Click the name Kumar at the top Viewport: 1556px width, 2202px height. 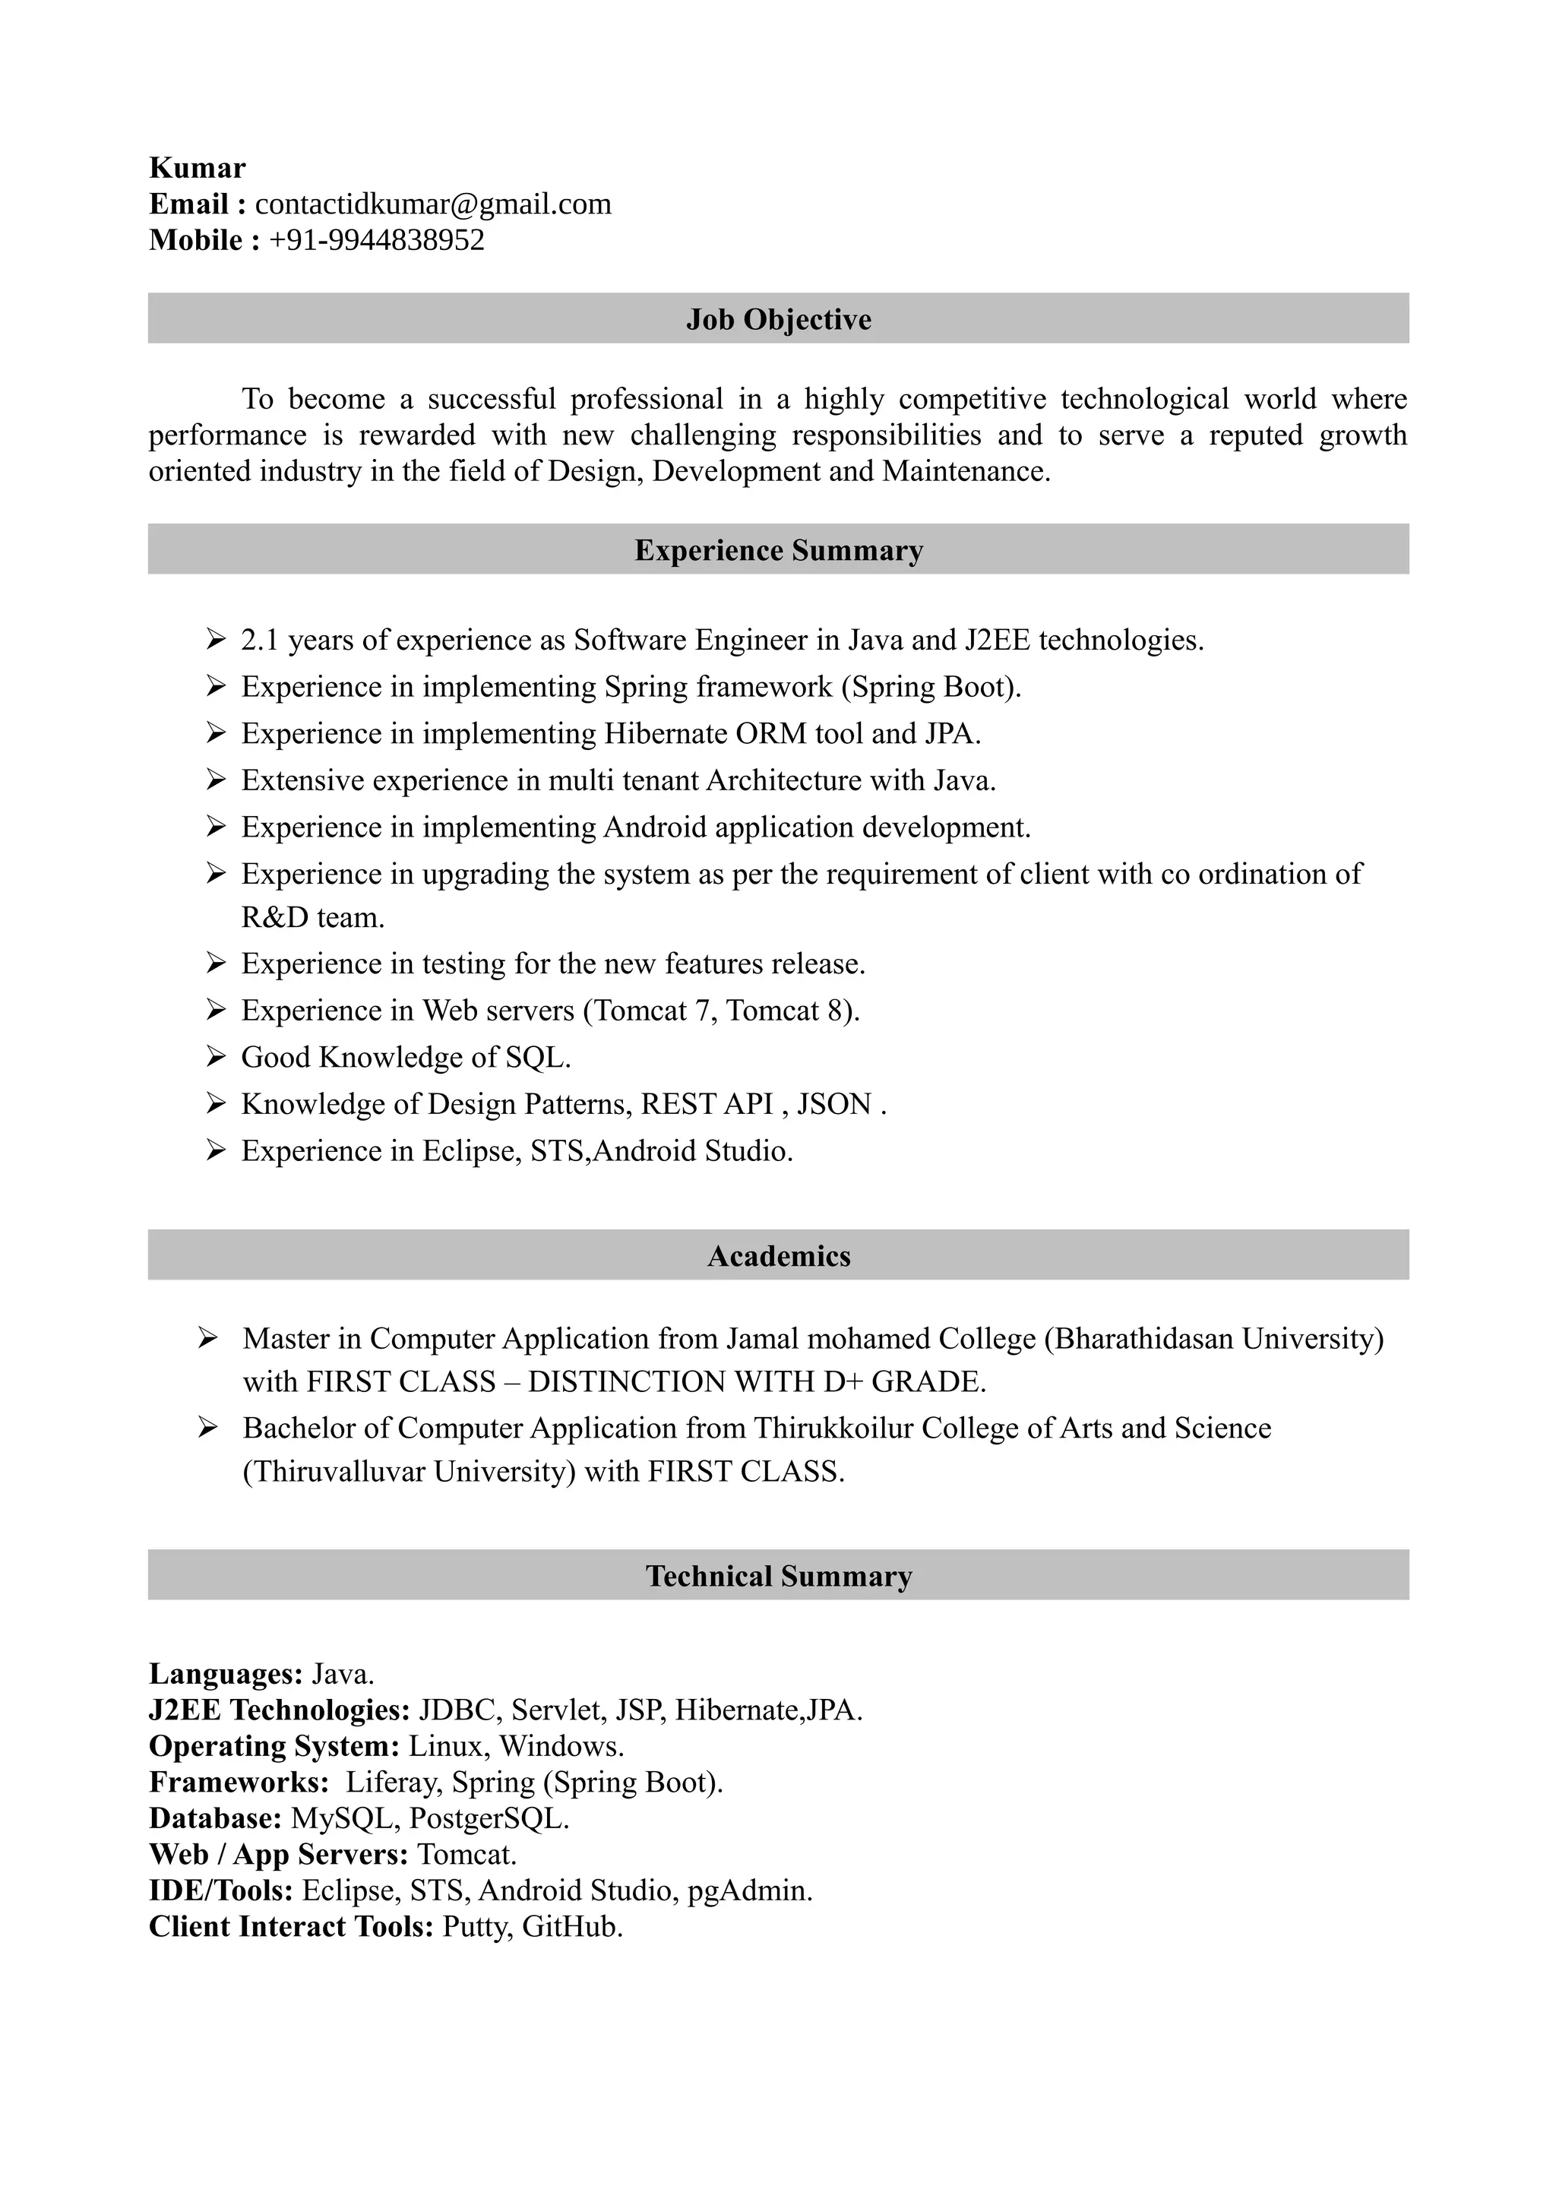197,168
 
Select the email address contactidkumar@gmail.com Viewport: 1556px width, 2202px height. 432,204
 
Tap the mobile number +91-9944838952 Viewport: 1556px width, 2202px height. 377,240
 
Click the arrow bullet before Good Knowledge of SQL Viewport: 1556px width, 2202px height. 215,1057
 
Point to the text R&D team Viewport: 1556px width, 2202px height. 312,918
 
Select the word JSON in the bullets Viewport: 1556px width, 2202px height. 833,1104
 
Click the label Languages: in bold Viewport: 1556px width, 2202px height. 226,1674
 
